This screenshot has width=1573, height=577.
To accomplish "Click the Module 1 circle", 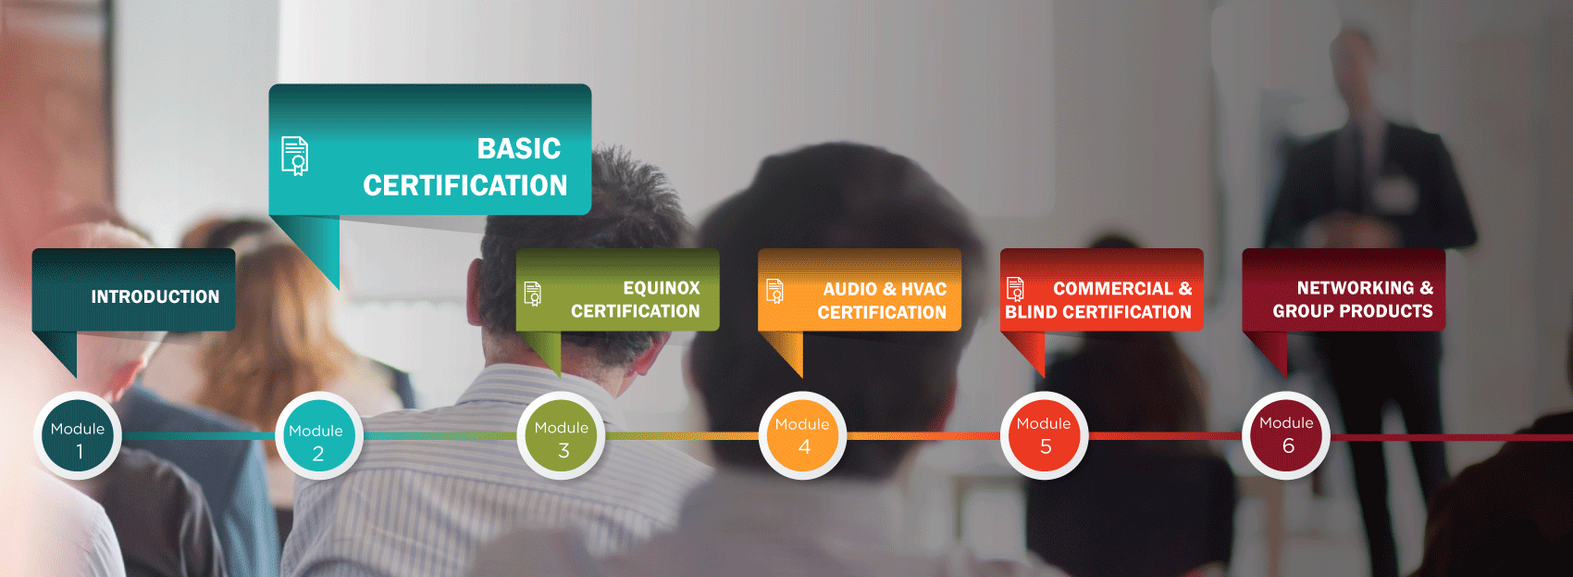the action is tap(77, 435).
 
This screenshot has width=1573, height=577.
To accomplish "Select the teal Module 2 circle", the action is tap(319, 435).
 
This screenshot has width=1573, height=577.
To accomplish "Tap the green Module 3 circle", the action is tap(561, 435).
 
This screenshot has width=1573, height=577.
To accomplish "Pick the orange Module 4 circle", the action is tap(802, 435).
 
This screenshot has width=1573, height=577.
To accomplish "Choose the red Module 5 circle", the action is tap(1045, 435).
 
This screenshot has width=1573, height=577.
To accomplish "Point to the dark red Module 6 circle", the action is tap(1286, 435).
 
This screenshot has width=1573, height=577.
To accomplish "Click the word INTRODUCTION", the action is tap(155, 296).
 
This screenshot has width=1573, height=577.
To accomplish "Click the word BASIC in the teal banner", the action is tap(519, 148).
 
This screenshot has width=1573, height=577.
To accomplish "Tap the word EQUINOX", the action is tap(662, 288).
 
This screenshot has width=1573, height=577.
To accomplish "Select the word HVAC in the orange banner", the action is tap(924, 289).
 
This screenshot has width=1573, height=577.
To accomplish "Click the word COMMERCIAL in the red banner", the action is tap(1113, 288).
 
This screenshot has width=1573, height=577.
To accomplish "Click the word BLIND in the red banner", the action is tap(1031, 311).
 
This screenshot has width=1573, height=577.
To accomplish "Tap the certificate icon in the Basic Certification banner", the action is tap(295, 156).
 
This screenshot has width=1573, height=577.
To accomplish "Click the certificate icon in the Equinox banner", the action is tap(533, 294).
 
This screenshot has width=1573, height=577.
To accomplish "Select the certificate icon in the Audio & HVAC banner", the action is tap(774, 291).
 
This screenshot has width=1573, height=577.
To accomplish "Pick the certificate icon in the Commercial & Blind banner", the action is tap(1015, 289).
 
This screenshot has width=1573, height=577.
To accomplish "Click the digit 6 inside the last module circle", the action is tap(1289, 445).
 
